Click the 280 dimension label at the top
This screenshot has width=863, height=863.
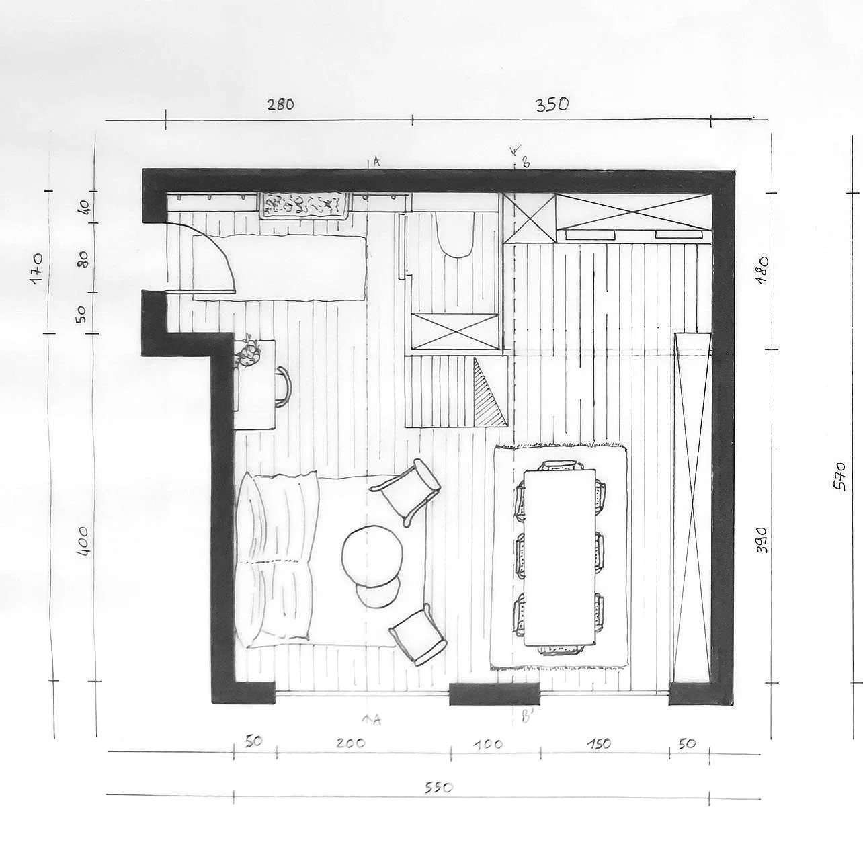(x=281, y=104)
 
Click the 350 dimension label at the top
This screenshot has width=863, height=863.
(x=552, y=104)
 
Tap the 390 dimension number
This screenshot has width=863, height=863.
(x=762, y=540)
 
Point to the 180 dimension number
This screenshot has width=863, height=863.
(x=762, y=268)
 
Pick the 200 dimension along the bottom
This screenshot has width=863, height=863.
(x=351, y=743)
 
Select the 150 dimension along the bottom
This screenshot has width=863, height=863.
(x=599, y=744)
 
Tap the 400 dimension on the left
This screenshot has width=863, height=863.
(x=84, y=541)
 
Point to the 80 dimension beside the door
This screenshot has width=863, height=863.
(x=84, y=258)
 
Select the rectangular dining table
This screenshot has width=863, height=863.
(x=559, y=557)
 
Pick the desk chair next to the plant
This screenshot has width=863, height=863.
(x=284, y=387)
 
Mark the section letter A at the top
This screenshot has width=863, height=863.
(x=376, y=162)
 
